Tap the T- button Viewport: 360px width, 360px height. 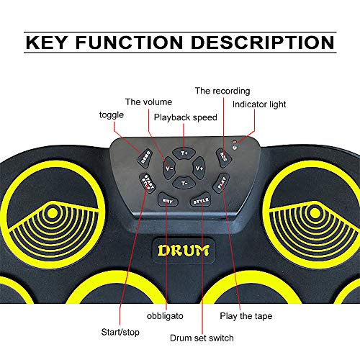pos(184,183)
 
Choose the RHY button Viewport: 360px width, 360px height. pos(166,200)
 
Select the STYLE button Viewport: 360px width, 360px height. pos(201,201)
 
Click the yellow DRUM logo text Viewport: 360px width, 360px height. pos(181,251)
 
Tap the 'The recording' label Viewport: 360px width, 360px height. pos(222,91)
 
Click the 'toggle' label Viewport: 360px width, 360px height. pos(111,114)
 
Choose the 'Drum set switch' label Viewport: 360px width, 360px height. pos(202,336)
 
